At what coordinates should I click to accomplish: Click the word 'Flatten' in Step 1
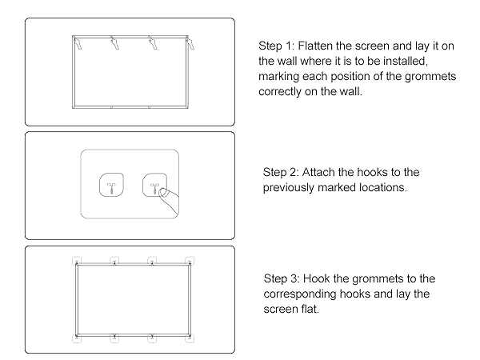pos(321,45)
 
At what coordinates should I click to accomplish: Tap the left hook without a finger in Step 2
pos(111,186)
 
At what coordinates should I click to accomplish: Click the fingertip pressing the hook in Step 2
pos(162,193)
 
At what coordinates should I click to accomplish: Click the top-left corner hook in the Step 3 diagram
pos(76,261)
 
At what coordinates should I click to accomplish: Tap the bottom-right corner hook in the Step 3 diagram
pos(189,338)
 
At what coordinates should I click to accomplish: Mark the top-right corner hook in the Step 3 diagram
pos(189,261)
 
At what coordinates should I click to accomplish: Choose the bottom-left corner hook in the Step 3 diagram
pos(76,338)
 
